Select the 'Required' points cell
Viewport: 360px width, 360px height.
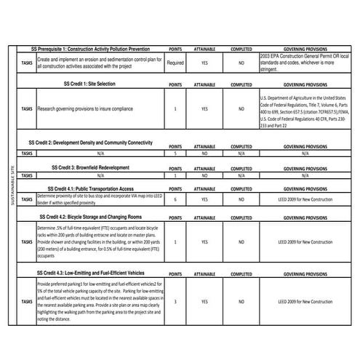175,63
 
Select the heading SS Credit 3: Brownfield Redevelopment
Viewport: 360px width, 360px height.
95,167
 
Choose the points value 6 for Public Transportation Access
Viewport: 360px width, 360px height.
175,199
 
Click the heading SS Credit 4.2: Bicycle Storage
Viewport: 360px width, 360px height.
95,217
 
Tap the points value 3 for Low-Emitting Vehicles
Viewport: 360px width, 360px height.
175,300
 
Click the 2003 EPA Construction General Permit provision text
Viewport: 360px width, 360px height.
304,63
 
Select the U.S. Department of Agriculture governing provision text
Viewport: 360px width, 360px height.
304,110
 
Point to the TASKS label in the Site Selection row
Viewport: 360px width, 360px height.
27,109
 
